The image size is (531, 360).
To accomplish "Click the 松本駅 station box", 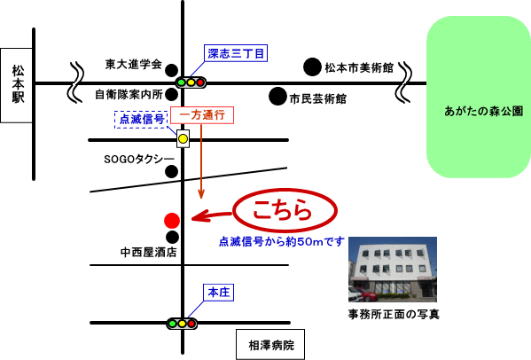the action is tap(16, 85).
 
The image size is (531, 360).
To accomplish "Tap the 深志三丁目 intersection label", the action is tap(236, 53).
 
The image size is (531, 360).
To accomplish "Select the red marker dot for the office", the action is tap(172, 221).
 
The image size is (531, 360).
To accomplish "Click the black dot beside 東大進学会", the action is tap(171, 70).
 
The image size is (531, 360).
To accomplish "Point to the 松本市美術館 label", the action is tap(359, 67).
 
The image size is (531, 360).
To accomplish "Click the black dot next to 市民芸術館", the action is tap(277, 96).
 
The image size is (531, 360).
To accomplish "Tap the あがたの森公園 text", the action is tap(484, 111).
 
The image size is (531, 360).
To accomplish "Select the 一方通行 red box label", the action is tap(202, 115).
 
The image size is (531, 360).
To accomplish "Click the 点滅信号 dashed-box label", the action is tap(142, 119).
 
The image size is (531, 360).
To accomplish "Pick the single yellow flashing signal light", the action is tap(183, 138).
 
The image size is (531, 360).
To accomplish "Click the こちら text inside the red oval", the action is tap(282, 210).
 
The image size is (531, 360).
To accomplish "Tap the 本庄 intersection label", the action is tap(218, 293).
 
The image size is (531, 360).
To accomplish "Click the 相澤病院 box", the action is tap(270, 344).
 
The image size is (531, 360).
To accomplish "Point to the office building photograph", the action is tap(393, 270).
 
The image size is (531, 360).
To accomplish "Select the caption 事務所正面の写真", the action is tap(394, 314).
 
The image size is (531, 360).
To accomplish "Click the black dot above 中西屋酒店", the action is tap(172, 237).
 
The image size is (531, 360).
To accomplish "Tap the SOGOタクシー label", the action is tap(139, 159).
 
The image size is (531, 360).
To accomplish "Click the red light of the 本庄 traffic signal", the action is tap(191, 324).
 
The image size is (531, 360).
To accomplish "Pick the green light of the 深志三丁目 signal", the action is tap(182, 82).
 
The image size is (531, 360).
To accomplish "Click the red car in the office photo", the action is tap(367, 295).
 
